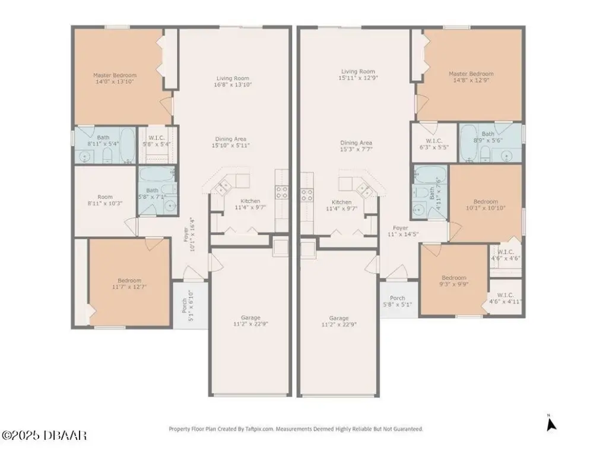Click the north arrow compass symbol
point(551,423)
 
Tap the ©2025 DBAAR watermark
point(45,435)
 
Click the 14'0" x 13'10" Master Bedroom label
point(115,78)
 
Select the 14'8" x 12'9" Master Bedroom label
point(471,77)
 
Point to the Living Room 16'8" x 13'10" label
point(233,81)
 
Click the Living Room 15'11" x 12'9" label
point(358,75)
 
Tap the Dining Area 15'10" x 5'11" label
point(231,142)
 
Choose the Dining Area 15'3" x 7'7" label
point(356,145)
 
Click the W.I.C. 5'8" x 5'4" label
point(156,141)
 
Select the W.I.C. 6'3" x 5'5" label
point(434,144)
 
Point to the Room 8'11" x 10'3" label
point(105,200)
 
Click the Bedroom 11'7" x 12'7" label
point(129,284)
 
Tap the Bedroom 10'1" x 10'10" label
point(486,204)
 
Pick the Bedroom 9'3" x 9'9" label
point(454,281)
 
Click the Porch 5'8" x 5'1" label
point(397,301)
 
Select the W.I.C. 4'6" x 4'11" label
point(505,298)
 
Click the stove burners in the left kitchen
point(282,192)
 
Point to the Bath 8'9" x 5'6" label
point(488,137)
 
